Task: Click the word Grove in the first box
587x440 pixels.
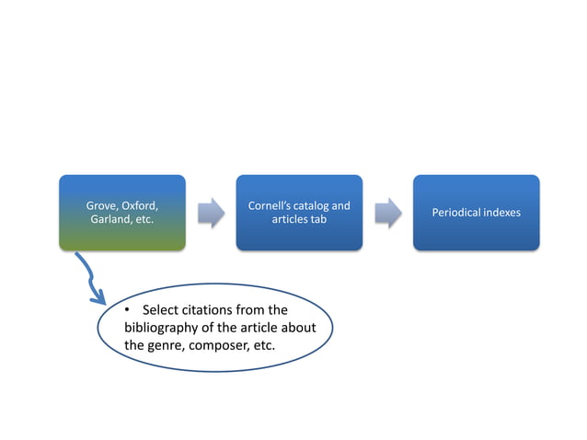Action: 103,204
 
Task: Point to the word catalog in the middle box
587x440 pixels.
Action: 313,204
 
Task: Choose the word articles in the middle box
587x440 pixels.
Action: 292,220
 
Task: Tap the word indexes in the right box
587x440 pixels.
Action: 502,213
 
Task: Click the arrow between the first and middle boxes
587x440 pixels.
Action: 211,212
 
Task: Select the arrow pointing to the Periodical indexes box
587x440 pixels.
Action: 387,212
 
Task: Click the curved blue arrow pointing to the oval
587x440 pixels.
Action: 90,280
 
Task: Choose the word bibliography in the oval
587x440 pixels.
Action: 162,328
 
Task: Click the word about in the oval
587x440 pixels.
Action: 300,328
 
